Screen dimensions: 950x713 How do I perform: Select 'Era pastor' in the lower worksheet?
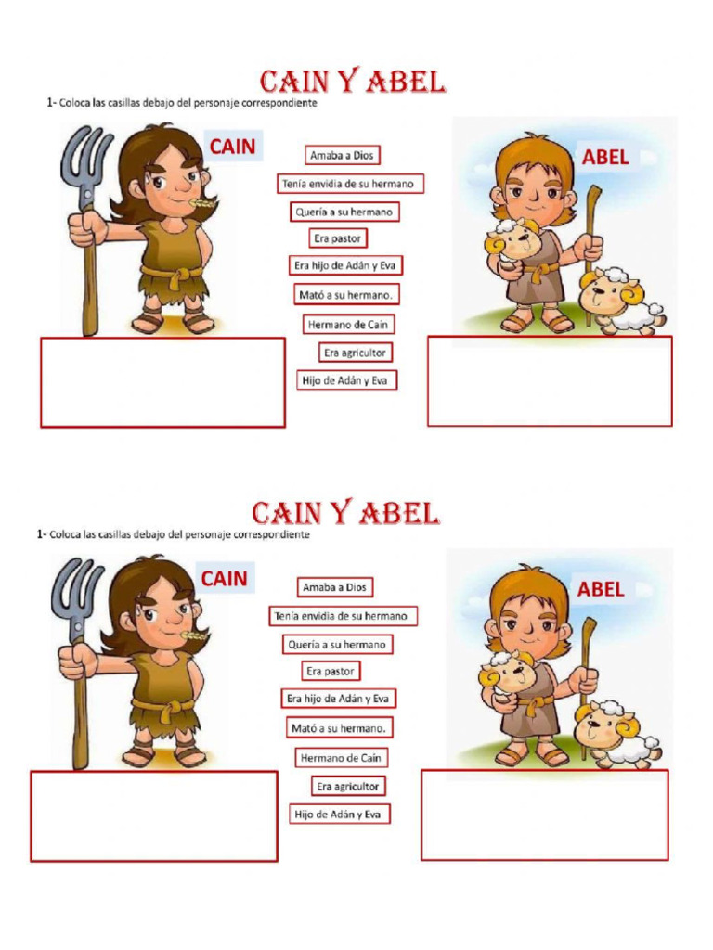[x=331, y=671]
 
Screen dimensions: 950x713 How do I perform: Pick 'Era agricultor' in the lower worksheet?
[x=348, y=786]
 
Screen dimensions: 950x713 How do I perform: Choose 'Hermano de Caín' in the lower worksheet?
[x=341, y=758]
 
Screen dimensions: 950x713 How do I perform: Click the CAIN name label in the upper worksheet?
[x=232, y=147]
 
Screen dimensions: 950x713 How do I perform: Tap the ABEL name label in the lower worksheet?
[x=601, y=589]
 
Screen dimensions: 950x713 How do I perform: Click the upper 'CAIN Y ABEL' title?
[x=352, y=82]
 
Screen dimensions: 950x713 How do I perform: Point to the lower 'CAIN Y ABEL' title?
[x=345, y=513]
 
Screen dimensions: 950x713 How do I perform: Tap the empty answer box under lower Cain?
[x=154, y=816]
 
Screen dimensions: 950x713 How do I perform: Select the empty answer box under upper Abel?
[x=550, y=381]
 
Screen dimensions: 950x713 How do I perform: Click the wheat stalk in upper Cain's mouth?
[x=197, y=199]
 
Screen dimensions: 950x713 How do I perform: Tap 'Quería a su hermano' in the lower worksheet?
[x=338, y=644]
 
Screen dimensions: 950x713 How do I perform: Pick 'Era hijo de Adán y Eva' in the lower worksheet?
[x=338, y=699]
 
